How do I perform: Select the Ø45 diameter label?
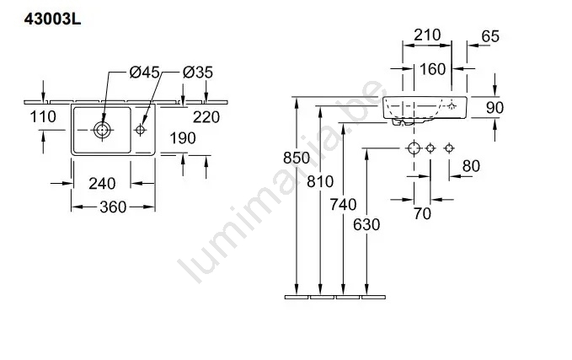(x=145, y=73)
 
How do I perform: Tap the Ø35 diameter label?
(x=198, y=73)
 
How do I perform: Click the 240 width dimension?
(x=101, y=183)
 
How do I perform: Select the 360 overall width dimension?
(x=113, y=207)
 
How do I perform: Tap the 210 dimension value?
(x=427, y=36)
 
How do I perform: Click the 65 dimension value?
(x=489, y=36)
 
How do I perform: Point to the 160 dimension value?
(x=431, y=70)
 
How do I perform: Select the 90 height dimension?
(x=495, y=109)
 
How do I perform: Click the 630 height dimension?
(x=367, y=224)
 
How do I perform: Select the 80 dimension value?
(x=470, y=166)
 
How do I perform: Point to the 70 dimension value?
(x=421, y=213)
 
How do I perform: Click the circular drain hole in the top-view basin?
(x=102, y=131)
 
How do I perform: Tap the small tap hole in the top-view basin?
(x=142, y=131)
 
